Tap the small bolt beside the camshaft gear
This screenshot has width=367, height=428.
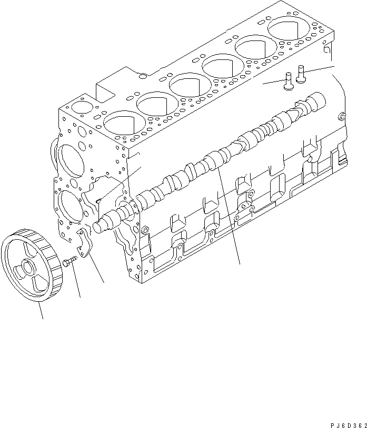(x=69, y=261)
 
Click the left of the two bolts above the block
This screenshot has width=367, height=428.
(x=287, y=82)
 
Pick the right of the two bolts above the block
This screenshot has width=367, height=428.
(x=301, y=74)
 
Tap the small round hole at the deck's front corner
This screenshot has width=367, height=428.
(x=80, y=107)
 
